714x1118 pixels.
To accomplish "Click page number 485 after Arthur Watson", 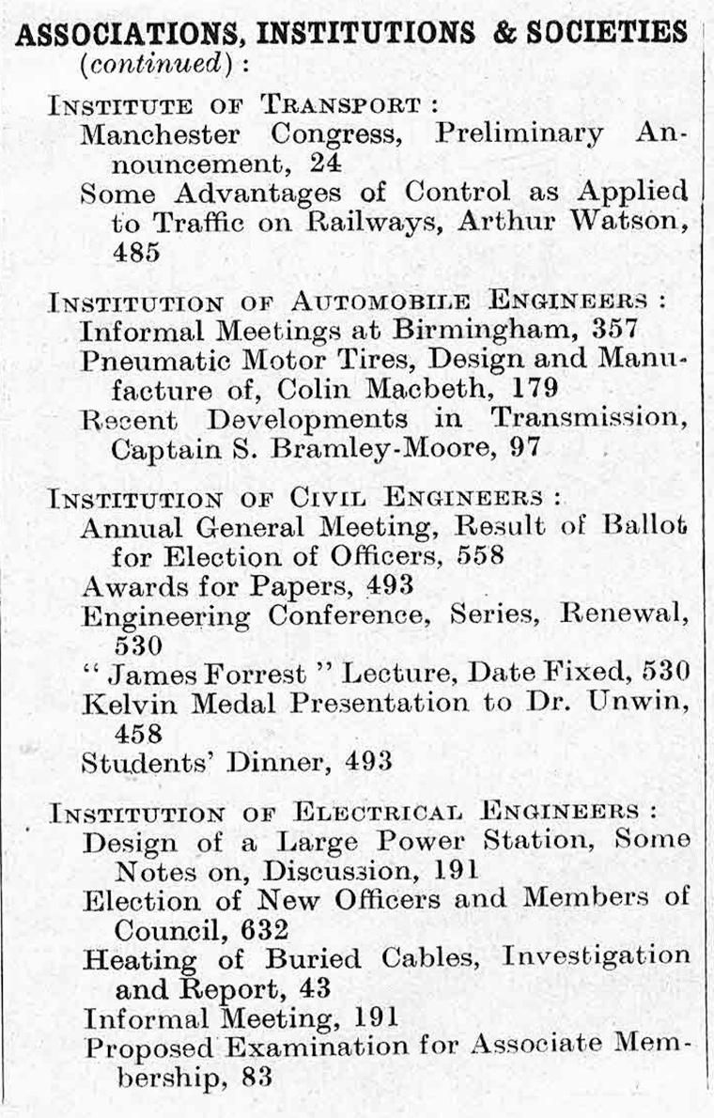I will pyautogui.click(x=136, y=252).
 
